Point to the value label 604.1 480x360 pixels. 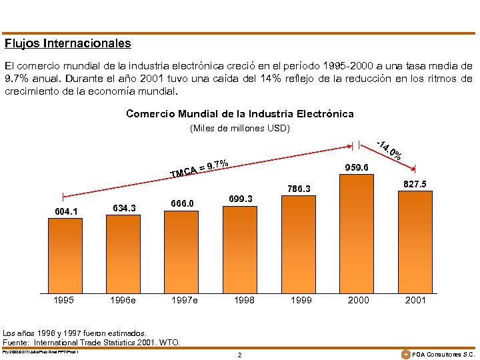coord(66,212)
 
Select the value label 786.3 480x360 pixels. coord(300,189)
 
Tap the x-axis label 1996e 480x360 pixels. coord(123,300)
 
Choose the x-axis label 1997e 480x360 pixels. coord(184,300)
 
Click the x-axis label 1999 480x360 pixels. coord(301,300)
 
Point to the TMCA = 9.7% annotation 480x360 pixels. coord(200,169)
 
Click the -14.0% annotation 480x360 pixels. coord(389,149)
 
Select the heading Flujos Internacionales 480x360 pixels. coord(67,43)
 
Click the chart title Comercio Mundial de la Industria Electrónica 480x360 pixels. coord(239,114)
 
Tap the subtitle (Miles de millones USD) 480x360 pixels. coord(239,128)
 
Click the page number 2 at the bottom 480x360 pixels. coord(240,355)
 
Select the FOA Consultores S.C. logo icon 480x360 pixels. coord(405,353)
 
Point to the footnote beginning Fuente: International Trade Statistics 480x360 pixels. coord(91,342)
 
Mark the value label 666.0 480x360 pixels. coord(182,204)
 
